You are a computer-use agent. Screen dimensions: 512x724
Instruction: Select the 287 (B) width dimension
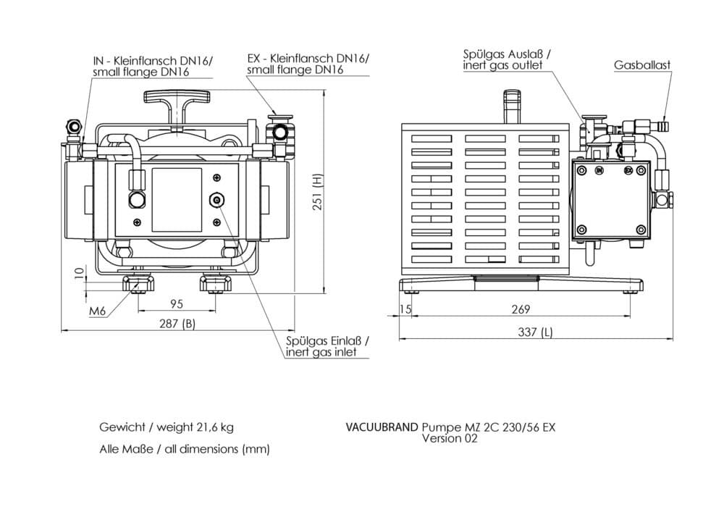pos(177,324)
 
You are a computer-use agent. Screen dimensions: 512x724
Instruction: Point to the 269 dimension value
pos(521,309)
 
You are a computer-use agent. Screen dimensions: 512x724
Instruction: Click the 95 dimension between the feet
pos(176,303)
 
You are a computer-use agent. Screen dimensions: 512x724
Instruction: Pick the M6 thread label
pos(98,311)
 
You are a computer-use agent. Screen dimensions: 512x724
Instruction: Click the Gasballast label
pos(642,65)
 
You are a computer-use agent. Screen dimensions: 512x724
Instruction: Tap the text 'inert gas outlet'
pos(503,66)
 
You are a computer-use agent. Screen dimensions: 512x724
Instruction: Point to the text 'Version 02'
pos(450,439)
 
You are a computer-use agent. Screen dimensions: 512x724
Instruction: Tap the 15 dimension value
pos(405,309)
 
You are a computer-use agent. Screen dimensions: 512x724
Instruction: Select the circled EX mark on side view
pos(628,172)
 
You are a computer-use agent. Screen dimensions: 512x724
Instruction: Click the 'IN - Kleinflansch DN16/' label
pos(153,60)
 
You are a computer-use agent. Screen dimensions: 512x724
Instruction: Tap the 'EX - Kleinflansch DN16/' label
pos(308,58)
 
